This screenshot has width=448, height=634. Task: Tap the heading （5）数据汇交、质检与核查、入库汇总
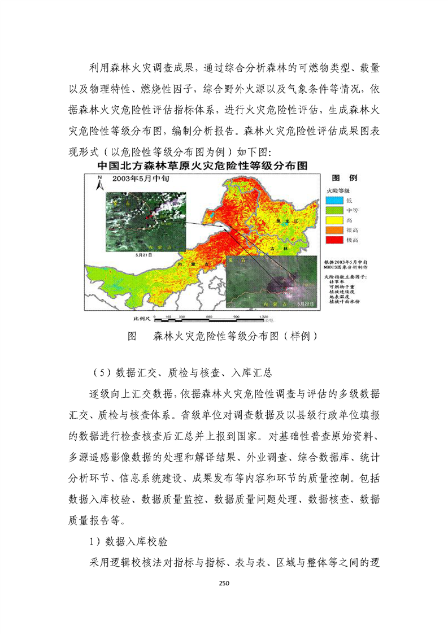coord(183,373)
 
